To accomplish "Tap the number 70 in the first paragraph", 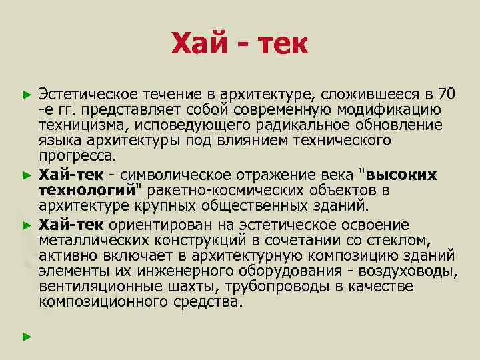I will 448,92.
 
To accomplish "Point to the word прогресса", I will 77,157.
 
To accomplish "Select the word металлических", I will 86,239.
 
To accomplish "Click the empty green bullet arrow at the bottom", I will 27,337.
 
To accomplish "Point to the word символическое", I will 169,175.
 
